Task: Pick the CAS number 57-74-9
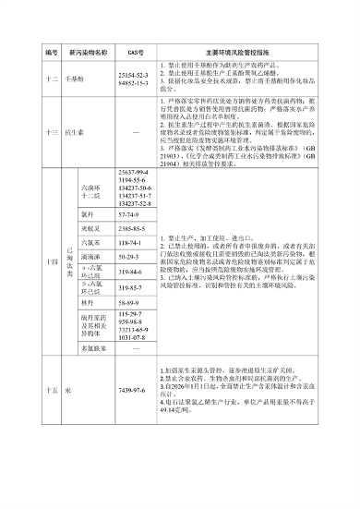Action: click(x=129, y=214)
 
